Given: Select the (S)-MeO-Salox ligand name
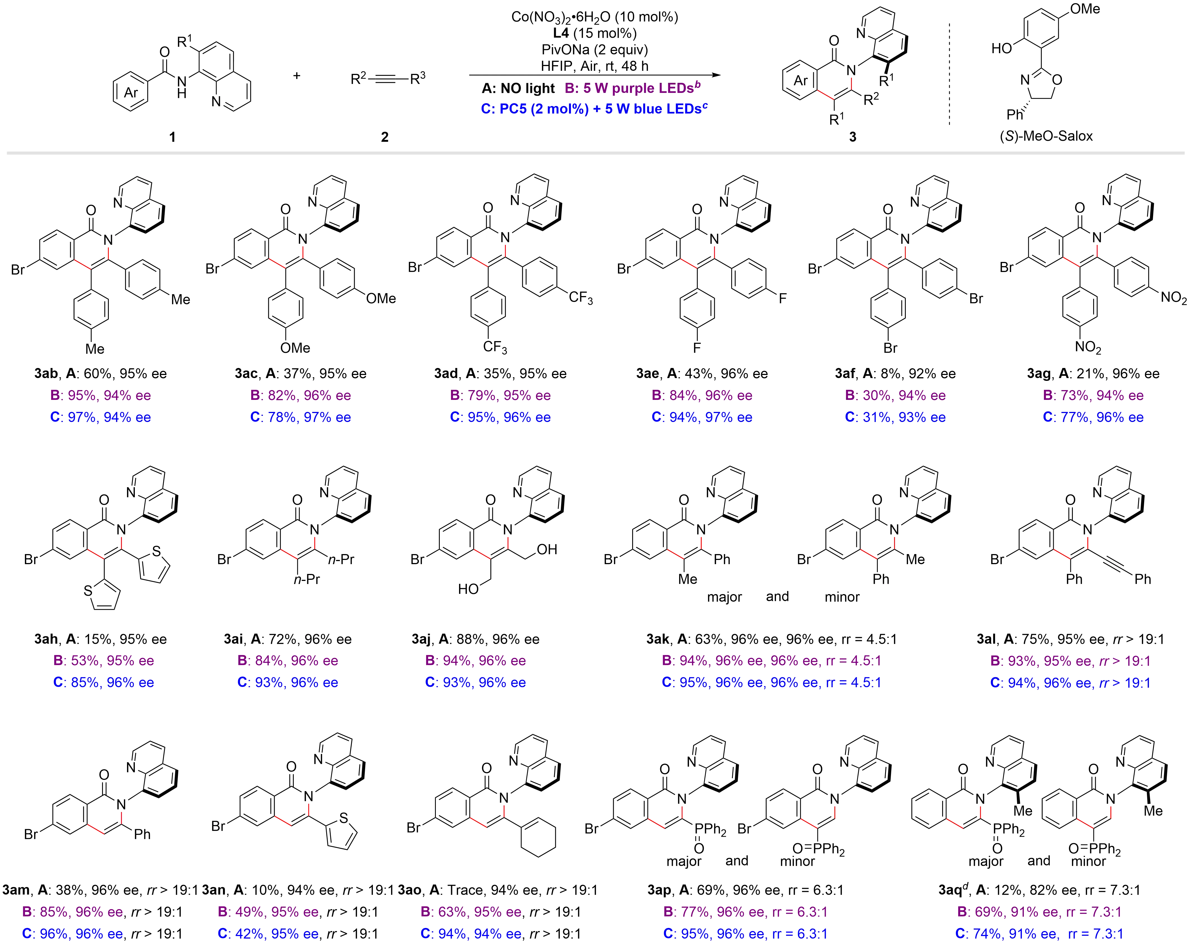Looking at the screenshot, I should (1046, 136).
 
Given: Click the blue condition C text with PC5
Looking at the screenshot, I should (594, 109).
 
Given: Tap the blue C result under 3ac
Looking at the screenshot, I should (301, 417).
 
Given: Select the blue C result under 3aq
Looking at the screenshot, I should (1039, 934).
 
